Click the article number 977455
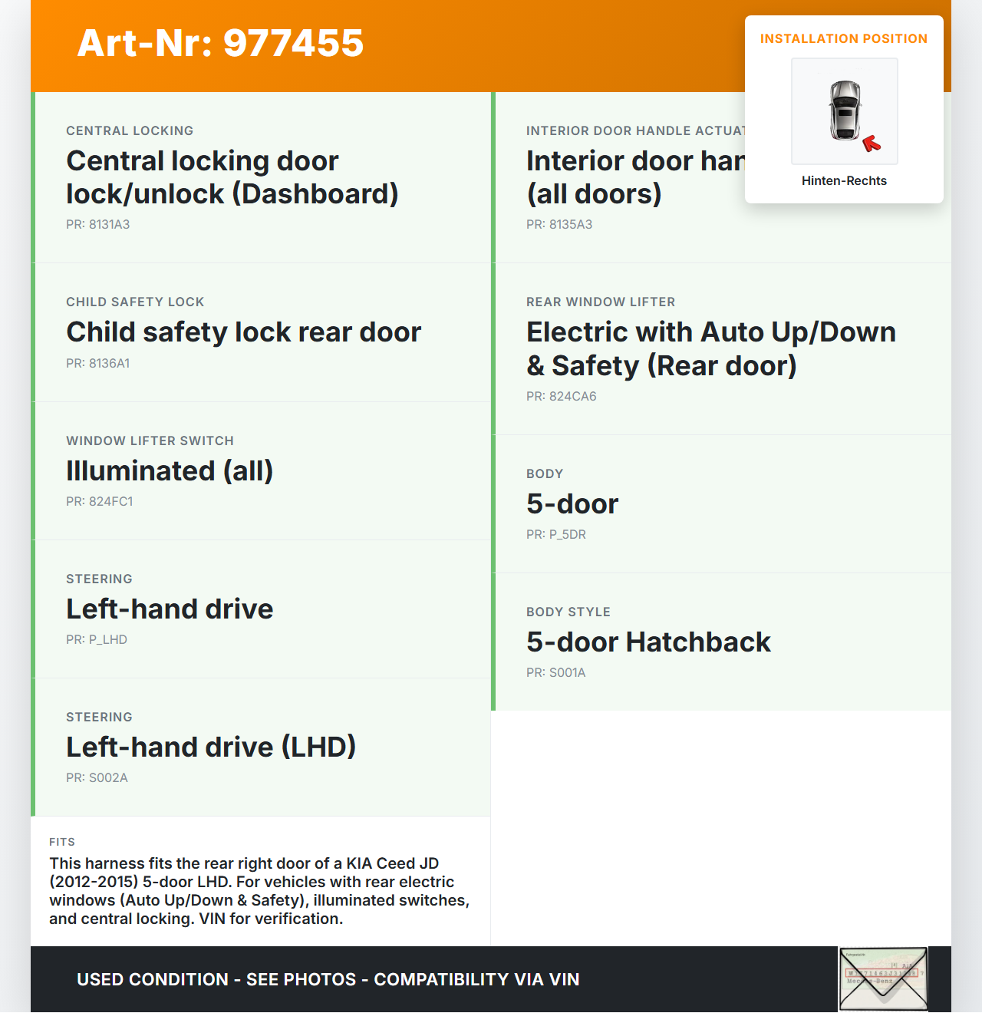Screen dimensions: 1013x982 pos(220,43)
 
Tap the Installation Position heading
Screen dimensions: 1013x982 pos(843,38)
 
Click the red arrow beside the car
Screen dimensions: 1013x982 pos(872,143)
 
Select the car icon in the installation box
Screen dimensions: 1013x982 pos(845,111)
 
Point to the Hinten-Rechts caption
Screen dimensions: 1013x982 pos(844,180)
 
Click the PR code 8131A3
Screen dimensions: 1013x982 pos(97,224)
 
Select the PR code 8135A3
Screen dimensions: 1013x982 pos(559,224)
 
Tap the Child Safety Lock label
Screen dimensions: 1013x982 pos(135,302)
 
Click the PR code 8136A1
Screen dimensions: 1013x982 pos(97,363)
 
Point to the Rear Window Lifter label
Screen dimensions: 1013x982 pos(601,302)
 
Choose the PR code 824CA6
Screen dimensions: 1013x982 pos(561,396)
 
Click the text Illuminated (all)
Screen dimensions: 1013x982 pos(170,470)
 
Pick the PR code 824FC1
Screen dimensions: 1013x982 pos(99,501)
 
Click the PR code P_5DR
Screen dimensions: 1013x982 pos(555,534)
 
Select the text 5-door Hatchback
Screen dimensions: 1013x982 pos(648,642)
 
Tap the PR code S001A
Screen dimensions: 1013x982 pos(555,672)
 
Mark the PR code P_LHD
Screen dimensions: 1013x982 pos(96,639)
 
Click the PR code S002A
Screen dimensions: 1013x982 pos(97,777)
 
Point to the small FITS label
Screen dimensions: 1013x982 pos(62,842)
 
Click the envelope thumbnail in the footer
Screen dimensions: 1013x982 pos(883,979)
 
